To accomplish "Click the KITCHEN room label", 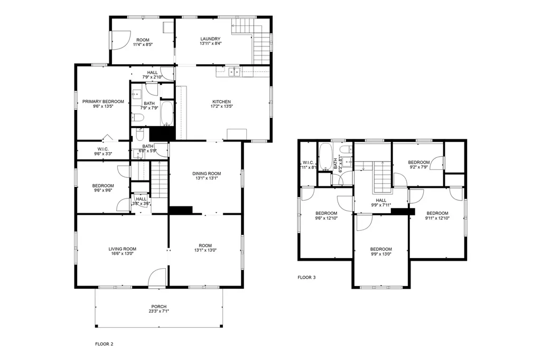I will point(221,101).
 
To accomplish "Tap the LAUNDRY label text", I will point(210,39).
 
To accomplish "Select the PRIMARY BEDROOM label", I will point(103,101).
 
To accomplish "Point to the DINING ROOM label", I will point(206,173).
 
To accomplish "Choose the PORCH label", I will point(158,306).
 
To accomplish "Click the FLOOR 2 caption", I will point(104,344).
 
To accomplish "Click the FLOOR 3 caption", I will point(306,277).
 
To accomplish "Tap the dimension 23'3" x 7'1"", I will point(158,311).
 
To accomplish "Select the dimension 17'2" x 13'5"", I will point(221,107).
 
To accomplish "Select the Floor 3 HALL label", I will point(381,200).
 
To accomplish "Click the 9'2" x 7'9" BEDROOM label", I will point(418,162).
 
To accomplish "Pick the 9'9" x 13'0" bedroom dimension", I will point(381,254).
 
